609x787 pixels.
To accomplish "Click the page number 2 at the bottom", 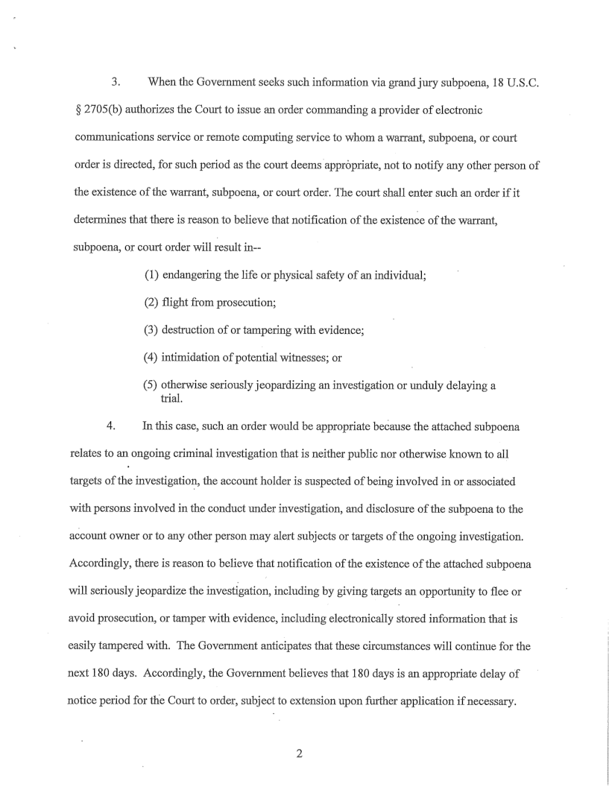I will coord(299,753).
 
